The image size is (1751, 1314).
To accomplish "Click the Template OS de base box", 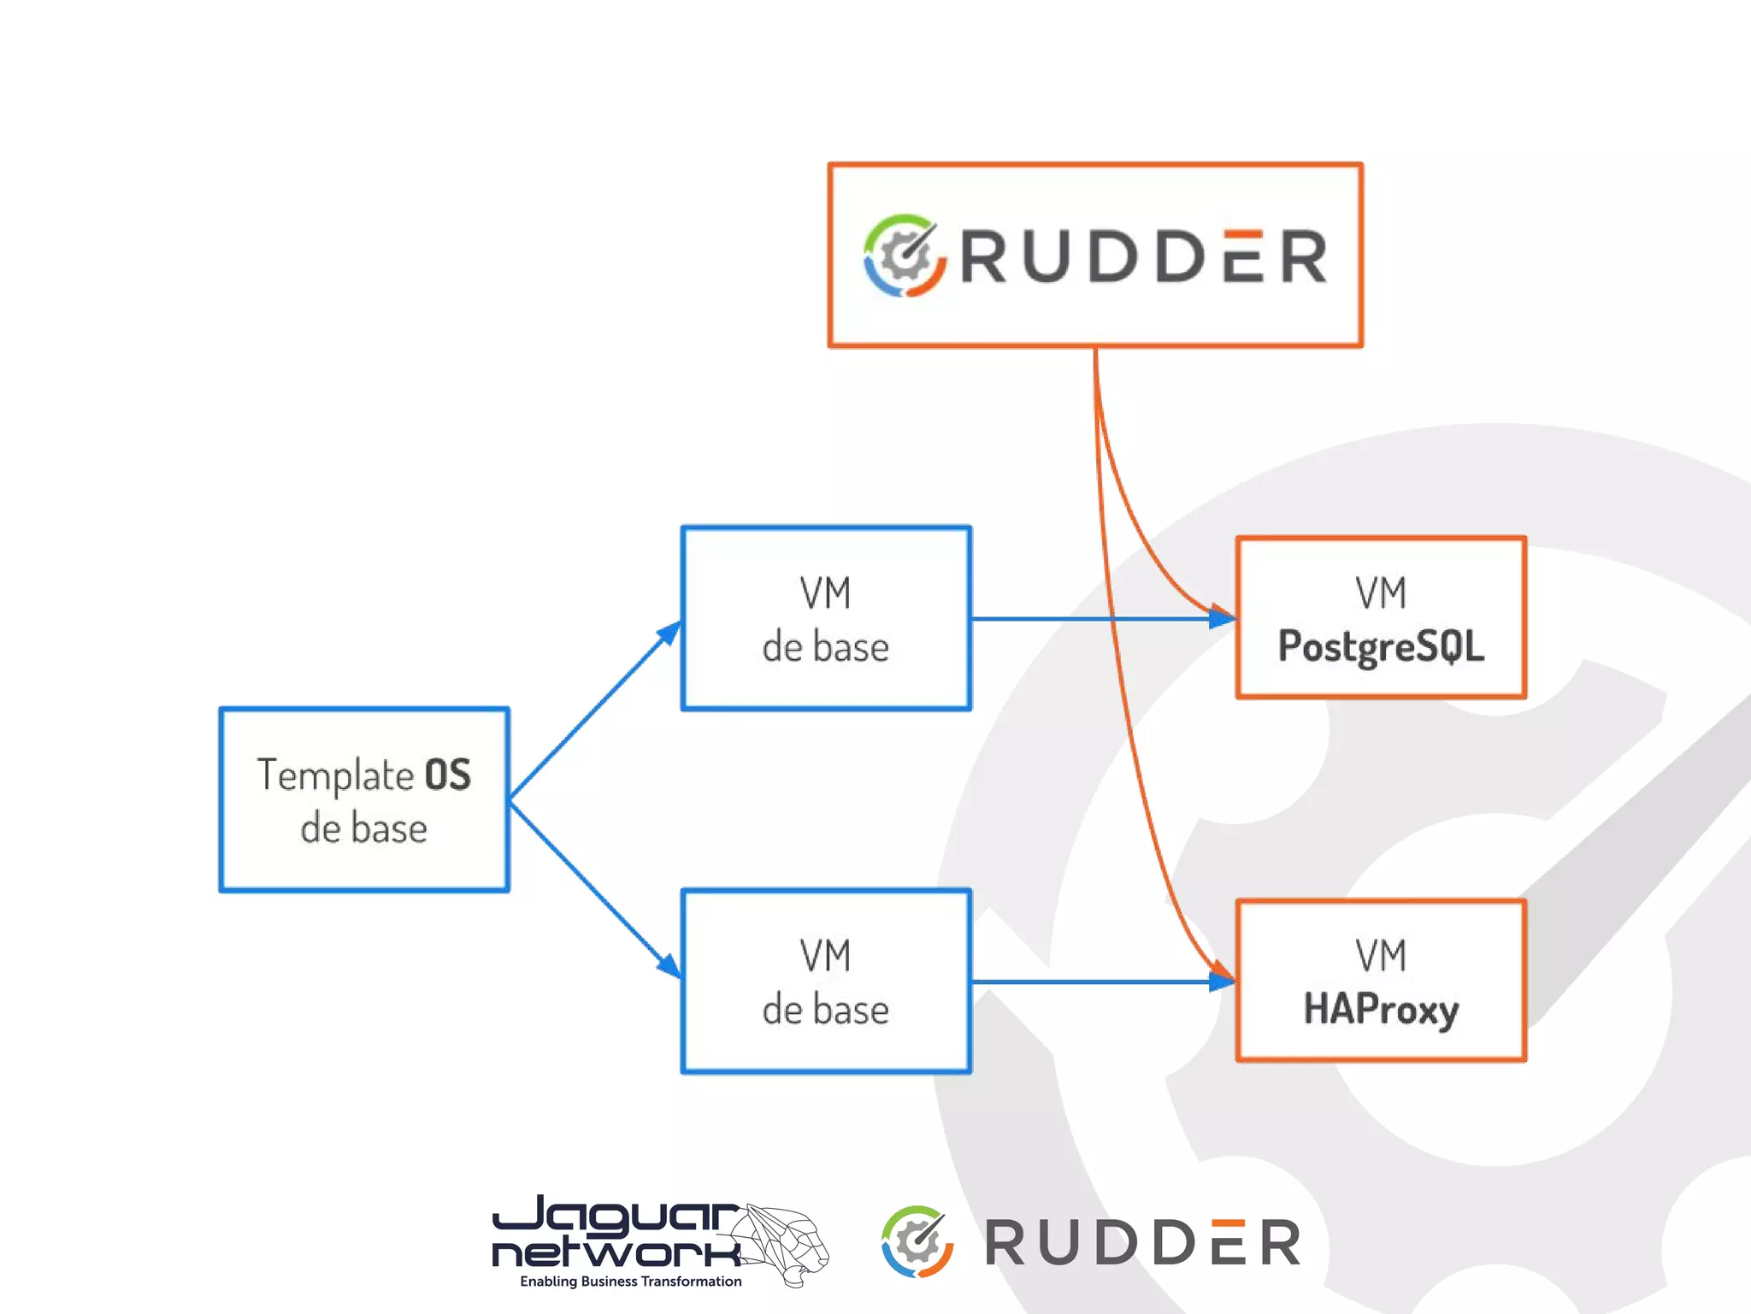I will (364, 799).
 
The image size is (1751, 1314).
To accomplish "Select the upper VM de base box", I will (826, 618).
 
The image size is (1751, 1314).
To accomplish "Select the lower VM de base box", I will (826, 981).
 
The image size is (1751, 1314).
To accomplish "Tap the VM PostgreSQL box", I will (1381, 617).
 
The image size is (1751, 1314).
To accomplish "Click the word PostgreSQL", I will (1381, 646).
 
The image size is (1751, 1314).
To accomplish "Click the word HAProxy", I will (1381, 1009).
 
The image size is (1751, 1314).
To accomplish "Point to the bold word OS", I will (448, 775).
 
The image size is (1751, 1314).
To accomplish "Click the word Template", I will (335, 775).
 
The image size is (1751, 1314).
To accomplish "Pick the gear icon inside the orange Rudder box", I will (905, 256).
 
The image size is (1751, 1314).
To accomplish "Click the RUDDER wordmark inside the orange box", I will (1144, 256).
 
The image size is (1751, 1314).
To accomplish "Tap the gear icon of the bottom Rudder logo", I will (917, 1241).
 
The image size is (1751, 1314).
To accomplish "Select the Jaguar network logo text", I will (616, 1233).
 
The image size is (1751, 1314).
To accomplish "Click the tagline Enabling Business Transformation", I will (631, 1282).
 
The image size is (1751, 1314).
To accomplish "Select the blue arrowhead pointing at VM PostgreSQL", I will (1222, 618).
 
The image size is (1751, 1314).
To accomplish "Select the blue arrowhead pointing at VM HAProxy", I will (1222, 981).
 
